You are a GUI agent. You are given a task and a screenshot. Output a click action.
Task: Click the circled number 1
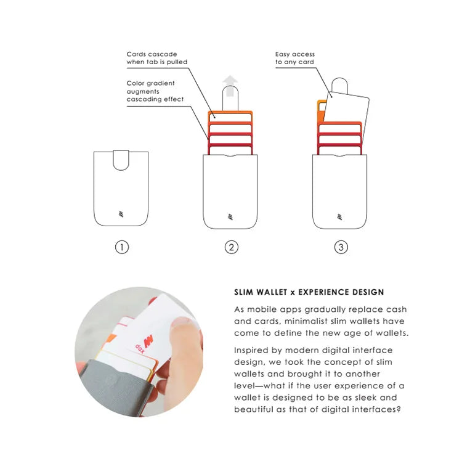pos(122,247)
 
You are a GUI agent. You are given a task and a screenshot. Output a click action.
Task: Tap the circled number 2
pos(231,247)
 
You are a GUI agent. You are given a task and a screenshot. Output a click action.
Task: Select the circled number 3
pos(341,247)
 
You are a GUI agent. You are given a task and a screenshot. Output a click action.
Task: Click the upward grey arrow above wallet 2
pos(230,86)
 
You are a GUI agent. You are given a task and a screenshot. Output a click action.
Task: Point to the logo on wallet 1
pos(121,215)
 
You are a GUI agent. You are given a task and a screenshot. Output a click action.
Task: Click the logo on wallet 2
pos(230,216)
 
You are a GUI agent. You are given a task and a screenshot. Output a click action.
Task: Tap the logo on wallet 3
pos(340,216)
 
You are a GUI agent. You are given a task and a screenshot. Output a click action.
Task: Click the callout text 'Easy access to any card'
pos(294,58)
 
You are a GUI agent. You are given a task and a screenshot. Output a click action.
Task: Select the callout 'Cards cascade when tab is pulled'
pos(156,58)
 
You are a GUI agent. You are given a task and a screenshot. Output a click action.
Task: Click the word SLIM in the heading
pos(245,292)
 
